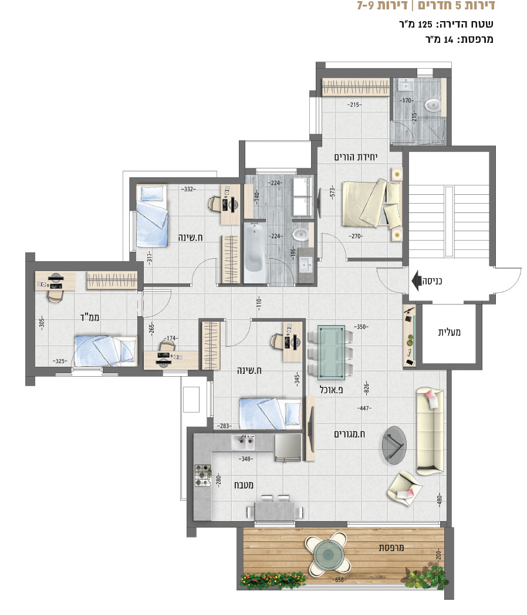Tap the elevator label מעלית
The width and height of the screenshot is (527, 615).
click(x=449, y=332)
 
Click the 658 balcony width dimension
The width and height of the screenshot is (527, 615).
click(x=340, y=580)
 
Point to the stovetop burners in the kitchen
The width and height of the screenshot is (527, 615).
click(x=203, y=476)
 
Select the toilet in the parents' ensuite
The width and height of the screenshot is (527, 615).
click(x=433, y=104)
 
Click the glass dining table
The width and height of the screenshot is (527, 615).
click(x=332, y=352)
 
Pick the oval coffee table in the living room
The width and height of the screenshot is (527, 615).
click(x=394, y=445)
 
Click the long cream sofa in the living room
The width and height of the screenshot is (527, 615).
click(x=430, y=429)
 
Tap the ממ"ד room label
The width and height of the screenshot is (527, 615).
click(x=90, y=317)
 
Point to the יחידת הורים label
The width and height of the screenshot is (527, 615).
click(x=356, y=157)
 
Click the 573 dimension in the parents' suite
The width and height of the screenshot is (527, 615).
click(x=333, y=192)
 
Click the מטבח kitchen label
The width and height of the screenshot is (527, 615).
click(x=244, y=485)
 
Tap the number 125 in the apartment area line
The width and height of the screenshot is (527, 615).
click(x=425, y=24)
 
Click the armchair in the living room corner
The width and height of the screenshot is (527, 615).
click(x=404, y=488)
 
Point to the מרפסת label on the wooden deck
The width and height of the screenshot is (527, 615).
click(x=391, y=547)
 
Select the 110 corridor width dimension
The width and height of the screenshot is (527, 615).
click(x=259, y=303)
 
